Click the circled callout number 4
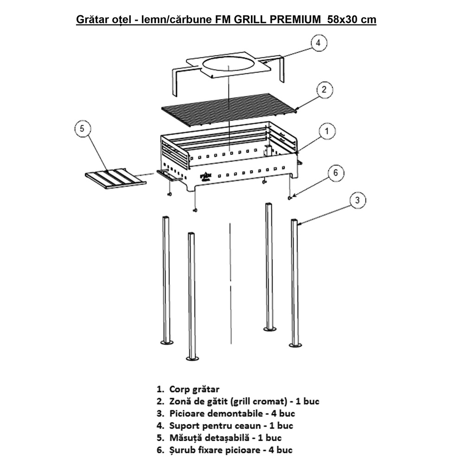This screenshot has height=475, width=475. click(x=318, y=43)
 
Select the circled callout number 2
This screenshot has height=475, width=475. click(x=324, y=90)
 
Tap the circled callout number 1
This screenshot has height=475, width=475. click(x=327, y=131)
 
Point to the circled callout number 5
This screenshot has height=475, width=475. click(x=82, y=129)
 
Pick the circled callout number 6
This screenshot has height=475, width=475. click(x=335, y=173)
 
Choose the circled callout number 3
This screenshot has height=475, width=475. click(x=358, y=200)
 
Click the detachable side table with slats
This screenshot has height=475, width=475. click(x=116, y=179)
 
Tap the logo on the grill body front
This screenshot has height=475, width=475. click(x=206, y=176)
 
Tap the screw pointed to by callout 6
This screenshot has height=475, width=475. click(x=289, y=198)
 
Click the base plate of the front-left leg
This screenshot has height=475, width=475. click(x=193, y=359)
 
